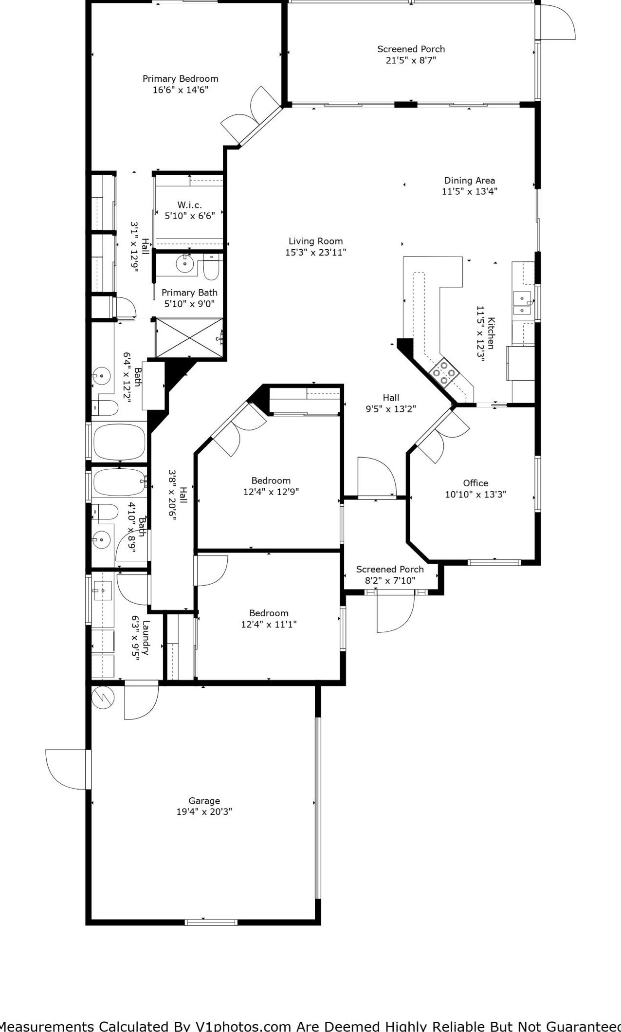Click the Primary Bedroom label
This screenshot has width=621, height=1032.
coord(180,78)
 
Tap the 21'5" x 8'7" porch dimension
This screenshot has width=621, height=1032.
coord(411,60)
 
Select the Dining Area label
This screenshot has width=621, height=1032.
coord(469,180)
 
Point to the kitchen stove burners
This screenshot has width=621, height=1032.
coord(444,372)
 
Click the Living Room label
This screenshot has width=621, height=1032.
coord(315,241)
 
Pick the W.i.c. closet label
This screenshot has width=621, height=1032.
coord(189,204)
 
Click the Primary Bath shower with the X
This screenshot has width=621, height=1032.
coord(189,338)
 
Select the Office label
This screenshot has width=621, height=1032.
coord(475,483)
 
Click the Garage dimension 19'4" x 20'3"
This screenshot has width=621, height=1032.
coord(204,811)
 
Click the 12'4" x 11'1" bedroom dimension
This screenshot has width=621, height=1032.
coord(269,624)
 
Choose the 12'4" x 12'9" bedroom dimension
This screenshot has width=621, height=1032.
coord(271,492)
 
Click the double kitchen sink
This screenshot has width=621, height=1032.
coord(522,303)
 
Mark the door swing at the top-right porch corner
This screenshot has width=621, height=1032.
coord(558,22)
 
